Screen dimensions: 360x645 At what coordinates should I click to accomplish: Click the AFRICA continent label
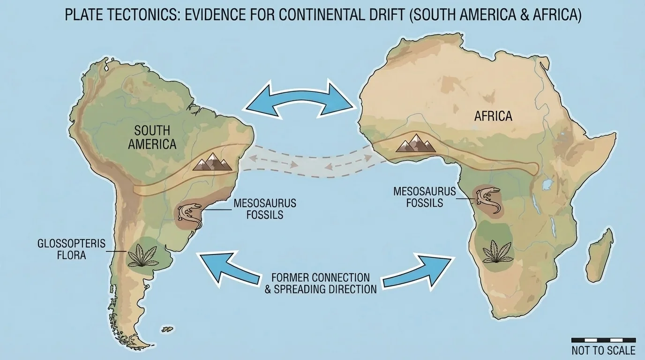coord(493,116)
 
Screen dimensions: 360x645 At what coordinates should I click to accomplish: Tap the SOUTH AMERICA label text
coord(152,137)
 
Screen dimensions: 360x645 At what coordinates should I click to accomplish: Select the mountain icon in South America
coord(213,162)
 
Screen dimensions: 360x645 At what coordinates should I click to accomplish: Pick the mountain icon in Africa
coord(416,142)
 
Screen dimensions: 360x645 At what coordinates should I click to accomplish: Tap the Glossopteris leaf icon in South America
coord(144,256)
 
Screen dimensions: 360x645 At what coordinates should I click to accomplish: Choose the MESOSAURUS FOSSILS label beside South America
coord(265,209)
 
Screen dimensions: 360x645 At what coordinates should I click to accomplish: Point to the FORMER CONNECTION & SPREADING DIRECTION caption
coord(321,283)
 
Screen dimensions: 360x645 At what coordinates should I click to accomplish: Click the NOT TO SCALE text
coord(603,351)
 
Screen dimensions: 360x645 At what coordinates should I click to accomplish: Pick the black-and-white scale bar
coord(603,340)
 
